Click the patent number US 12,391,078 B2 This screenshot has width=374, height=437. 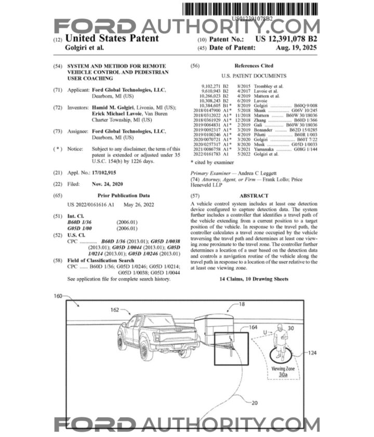pyautogui.click(x=285, y=39)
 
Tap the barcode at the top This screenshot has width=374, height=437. pyautogui.click(x=252, y=9)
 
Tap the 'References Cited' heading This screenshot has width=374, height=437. pyautogui.click(x=253, y=66)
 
